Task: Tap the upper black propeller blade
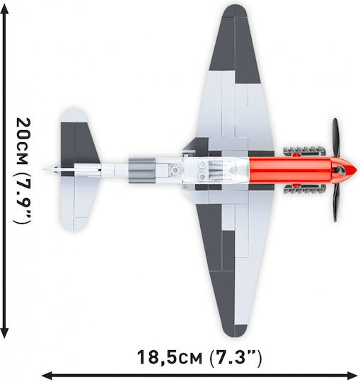tap(336, 138)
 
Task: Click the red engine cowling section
tap(290, 169)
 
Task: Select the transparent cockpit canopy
tap(216, 170)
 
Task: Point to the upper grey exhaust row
tap(304, 151)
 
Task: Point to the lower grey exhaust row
tap(304, 189)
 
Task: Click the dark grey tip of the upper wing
tap(235, 44)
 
